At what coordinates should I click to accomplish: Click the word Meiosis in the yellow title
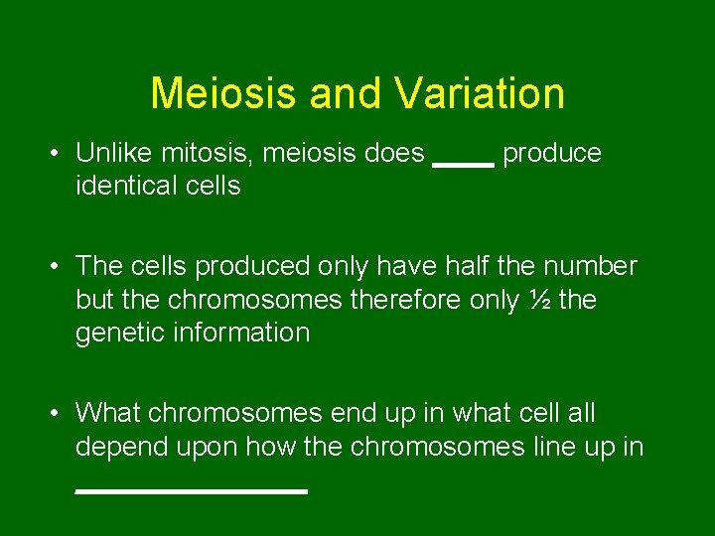click(223, 93)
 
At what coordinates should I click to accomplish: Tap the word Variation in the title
click(480, 93)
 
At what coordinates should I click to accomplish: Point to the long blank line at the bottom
click(192, 490)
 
